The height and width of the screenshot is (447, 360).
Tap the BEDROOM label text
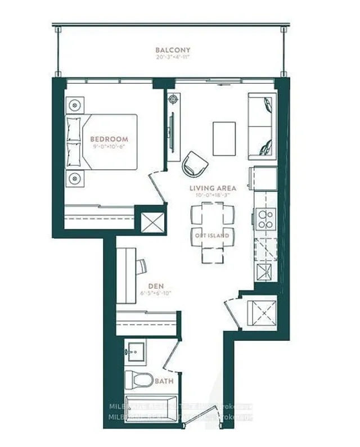pos(109,139)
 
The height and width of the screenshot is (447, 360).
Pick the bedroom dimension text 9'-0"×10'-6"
pos(109,147)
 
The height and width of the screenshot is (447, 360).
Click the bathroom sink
pos(135,353)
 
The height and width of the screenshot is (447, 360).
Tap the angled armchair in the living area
pos(195,164)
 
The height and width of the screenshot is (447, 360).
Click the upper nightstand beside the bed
pos(75,105)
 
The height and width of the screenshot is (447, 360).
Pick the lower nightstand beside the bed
pos(75,177)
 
